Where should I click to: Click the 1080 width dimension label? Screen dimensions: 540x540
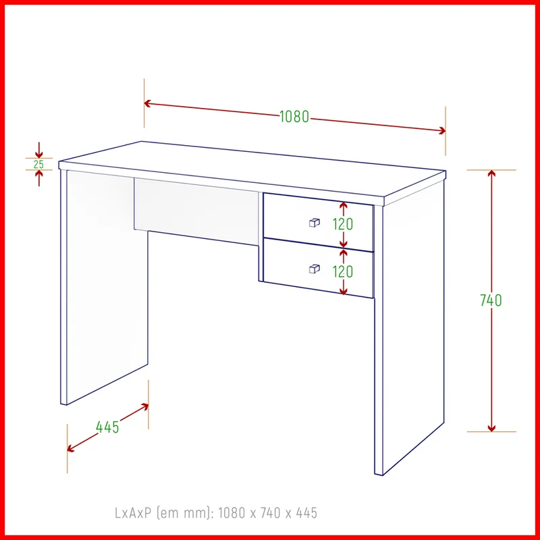(x=294, y=117)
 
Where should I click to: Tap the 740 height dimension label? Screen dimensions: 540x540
(x=491, y=300)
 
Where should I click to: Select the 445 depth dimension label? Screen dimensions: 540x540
(x=107, y=427)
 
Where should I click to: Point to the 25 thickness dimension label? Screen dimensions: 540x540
(x=39, y=164)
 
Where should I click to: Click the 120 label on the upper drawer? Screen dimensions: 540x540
(x=343, y=225)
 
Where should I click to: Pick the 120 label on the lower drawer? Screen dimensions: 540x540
(x=343, y=272)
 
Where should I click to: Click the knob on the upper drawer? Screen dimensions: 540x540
(x=314, y=223)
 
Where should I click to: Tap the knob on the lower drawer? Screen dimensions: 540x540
(x=314, y=269)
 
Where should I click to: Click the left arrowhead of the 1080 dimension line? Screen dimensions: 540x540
(x=147, y=103)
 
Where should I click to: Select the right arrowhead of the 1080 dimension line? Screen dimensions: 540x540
(x=442, y=130)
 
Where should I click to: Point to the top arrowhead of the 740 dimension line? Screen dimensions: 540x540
(x=491, y=173)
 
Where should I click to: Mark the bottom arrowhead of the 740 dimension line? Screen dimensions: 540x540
(x=491, y=428)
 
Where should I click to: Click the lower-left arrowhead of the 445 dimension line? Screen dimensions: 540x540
(x=71, y=448)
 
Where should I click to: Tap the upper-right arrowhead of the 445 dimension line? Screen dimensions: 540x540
(x=144, y=407)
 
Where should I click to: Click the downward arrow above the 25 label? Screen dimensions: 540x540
(x=39, y=150)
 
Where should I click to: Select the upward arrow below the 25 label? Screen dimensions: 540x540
(x=39, y=178)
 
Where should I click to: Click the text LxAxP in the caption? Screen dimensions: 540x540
(x=133, y=513)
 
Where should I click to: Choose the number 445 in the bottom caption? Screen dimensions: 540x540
(x=306, y=513)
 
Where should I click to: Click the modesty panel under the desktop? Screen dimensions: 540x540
(x=196, y=211)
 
